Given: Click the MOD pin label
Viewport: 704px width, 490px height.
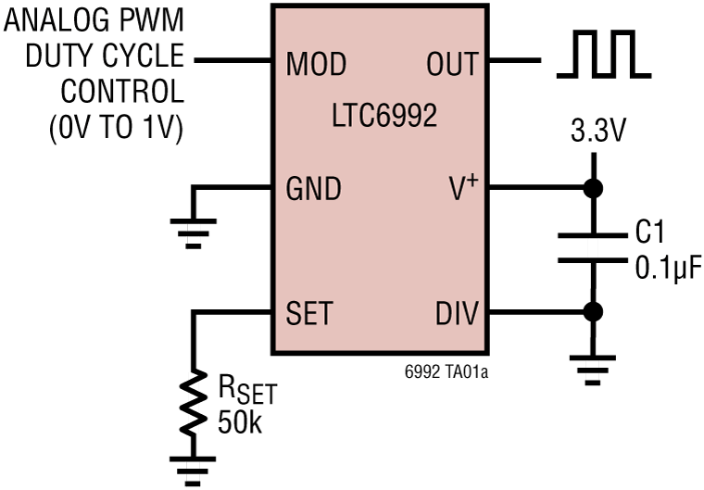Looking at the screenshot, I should coord(316,64).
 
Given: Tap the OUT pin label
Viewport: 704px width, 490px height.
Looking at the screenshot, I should coord(452,64).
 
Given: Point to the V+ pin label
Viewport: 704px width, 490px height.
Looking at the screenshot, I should coord(459,189).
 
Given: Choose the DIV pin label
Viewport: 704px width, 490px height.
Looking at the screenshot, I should coord(457,314).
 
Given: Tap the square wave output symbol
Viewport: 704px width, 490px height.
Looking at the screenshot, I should coord(603,55).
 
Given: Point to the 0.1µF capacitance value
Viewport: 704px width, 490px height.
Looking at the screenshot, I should coord(667,268).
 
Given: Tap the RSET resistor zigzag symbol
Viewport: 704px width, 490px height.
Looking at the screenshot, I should coord(193,404).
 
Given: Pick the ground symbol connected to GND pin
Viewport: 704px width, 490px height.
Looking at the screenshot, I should coord(193,232).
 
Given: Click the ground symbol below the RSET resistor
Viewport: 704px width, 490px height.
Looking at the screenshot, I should coord(193,468).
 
